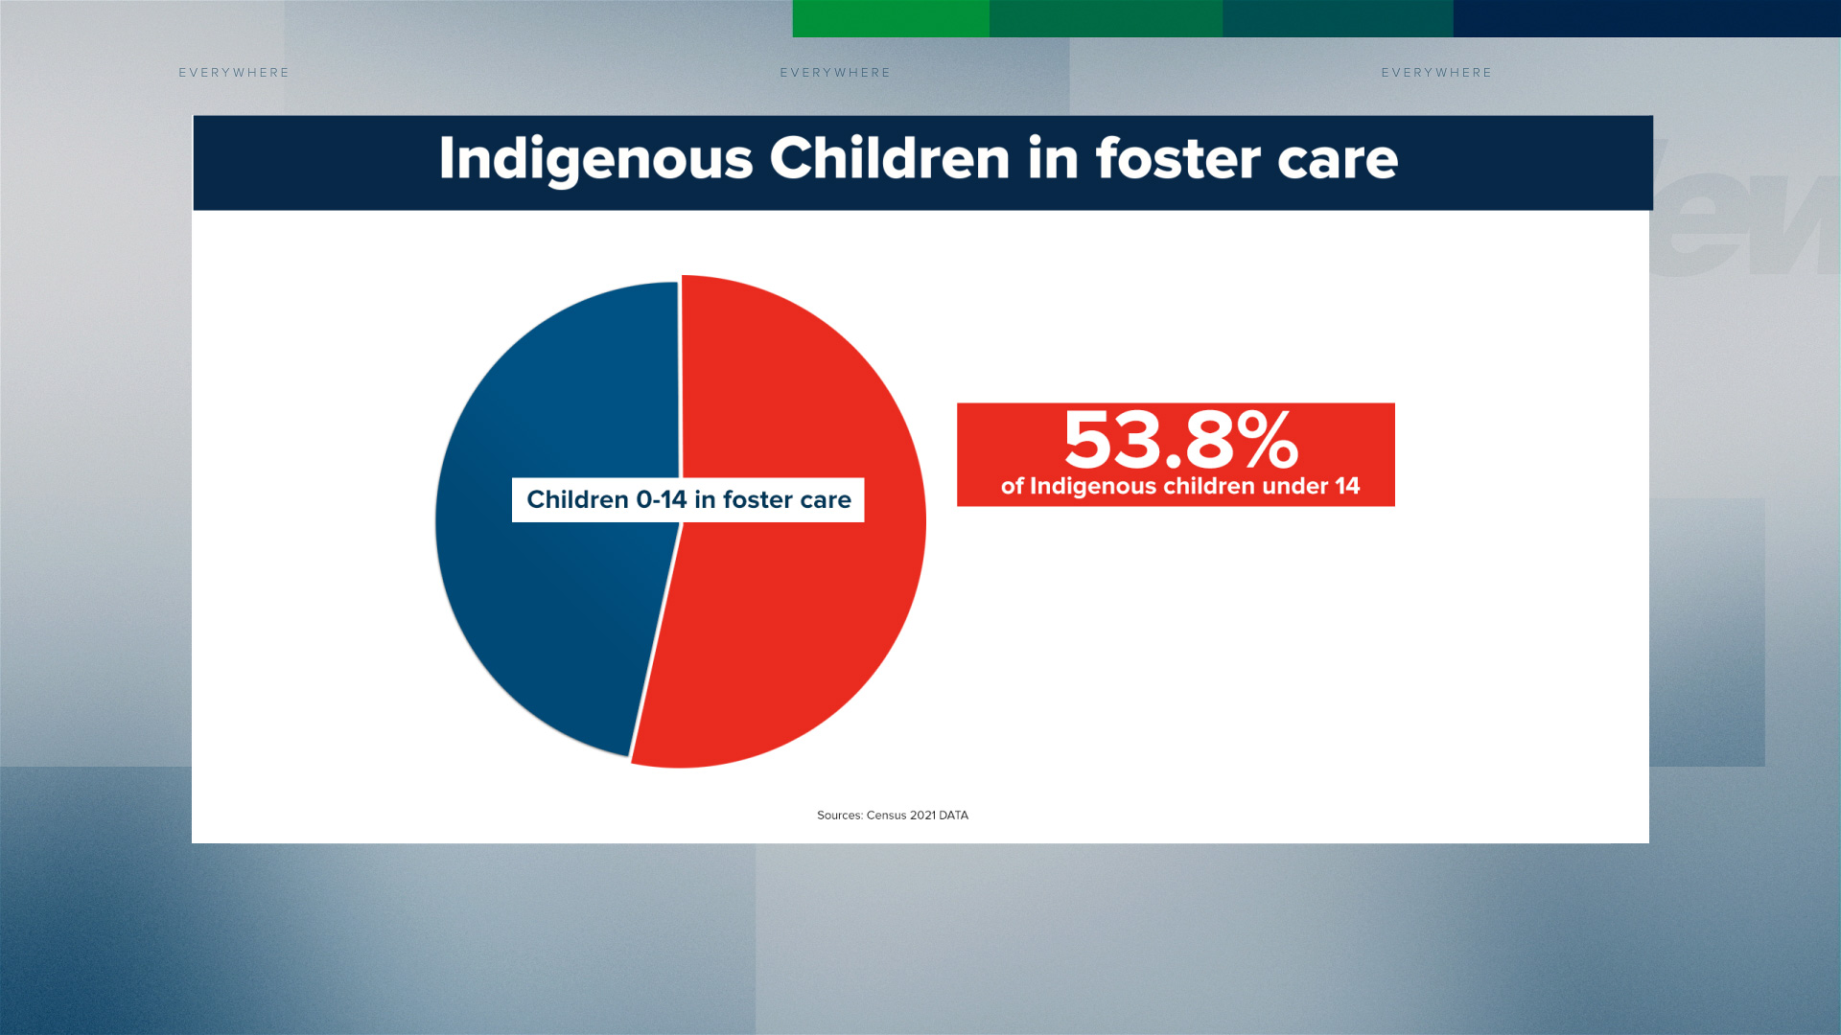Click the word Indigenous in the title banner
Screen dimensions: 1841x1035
point(595,159)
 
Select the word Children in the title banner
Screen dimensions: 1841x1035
point(890,158)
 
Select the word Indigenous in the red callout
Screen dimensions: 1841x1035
point(1093,487)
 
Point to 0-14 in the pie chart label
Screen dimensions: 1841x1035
point(662,499)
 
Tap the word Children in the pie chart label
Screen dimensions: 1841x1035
point(577,499)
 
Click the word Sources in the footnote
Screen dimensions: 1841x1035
point(840,816)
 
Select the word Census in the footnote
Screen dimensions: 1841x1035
point(886,816)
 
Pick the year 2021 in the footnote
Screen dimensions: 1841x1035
point(922,816)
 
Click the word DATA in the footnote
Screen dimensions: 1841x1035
point(954,816)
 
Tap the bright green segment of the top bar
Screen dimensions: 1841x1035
point(891,18)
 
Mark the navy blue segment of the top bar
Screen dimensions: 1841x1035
point(1647,18)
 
